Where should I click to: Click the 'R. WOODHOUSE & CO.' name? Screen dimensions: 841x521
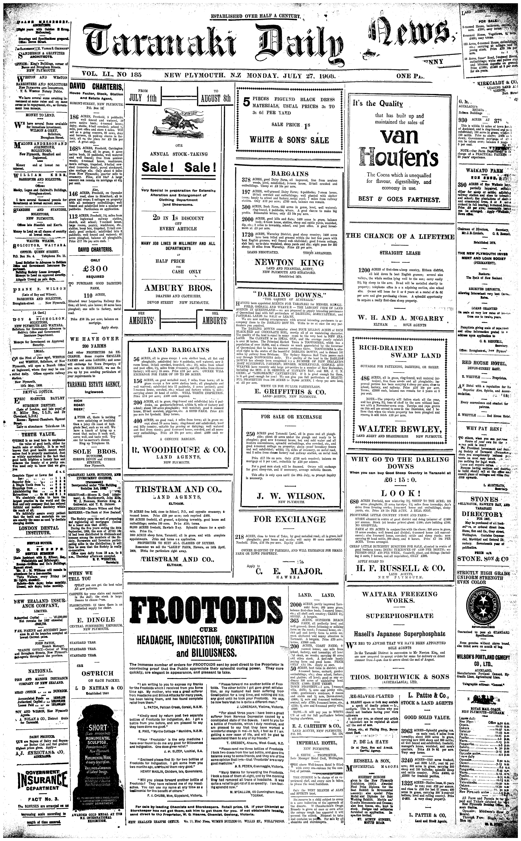coord(179,450)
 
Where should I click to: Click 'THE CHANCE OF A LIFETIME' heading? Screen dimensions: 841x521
coord(400,236)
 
